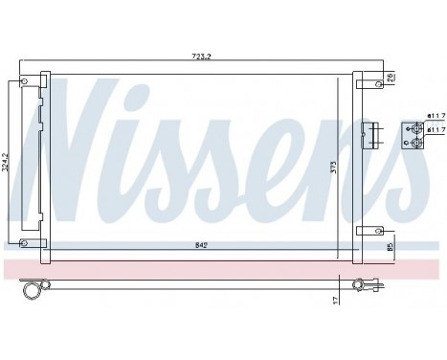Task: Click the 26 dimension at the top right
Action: coord(391,78)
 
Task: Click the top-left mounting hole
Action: coord(24,82)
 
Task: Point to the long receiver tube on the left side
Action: coord(41,163)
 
